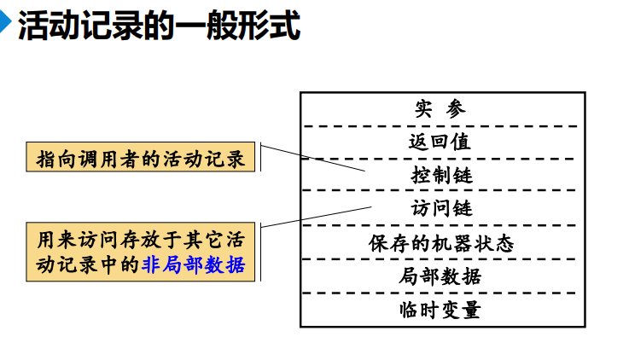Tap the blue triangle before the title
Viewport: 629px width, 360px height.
7,26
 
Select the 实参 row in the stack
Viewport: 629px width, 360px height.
441,109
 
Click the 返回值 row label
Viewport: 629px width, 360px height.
441,142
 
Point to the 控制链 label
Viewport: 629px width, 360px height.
441,175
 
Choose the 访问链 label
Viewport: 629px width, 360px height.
441,208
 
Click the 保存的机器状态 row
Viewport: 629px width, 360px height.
441,242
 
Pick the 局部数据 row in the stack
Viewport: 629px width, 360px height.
441,276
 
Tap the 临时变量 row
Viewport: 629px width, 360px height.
441,309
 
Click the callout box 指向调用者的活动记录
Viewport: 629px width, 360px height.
142,159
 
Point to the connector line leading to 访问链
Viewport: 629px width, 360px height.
316,217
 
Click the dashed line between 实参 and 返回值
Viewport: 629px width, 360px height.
441,125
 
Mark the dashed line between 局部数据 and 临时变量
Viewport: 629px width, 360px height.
441,293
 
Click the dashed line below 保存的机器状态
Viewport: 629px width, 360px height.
441,258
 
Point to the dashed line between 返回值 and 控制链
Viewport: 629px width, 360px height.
441,158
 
